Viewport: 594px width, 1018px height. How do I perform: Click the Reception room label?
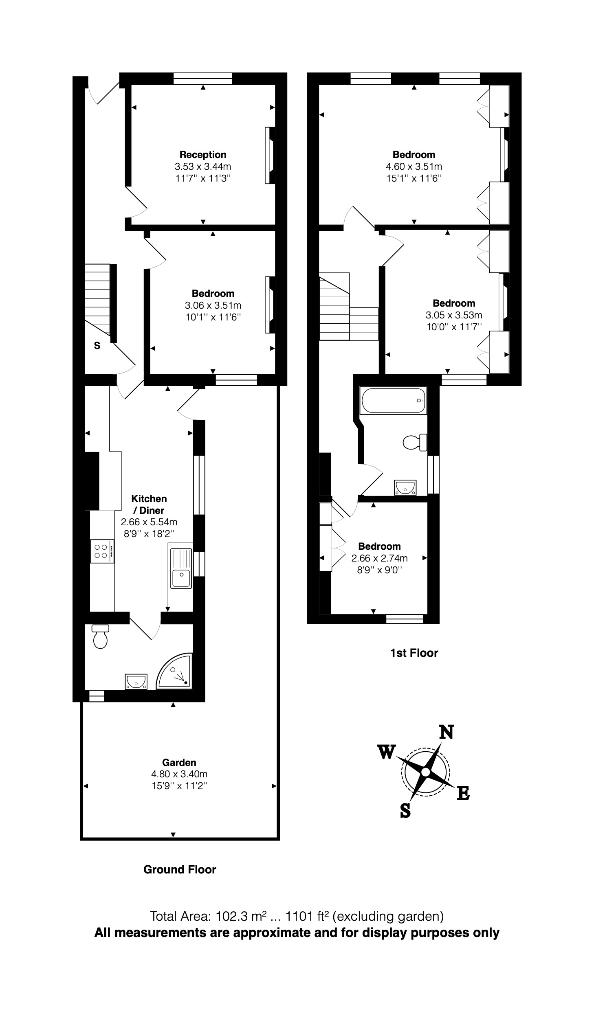point(203,155)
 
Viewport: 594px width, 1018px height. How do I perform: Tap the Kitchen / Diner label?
point(149,504)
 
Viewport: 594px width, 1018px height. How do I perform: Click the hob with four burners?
point(101,551)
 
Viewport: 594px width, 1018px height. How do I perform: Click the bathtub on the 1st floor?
point(393,401)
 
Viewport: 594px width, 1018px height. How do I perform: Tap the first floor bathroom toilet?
point(414,442)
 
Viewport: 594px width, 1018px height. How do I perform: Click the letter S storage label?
point(97,346)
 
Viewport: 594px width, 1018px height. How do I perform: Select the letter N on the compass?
point(446,732)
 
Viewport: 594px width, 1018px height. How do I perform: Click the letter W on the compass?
point(386,752)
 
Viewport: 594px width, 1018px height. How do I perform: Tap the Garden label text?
point(179,762)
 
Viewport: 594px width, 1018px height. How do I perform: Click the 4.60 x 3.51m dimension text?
point(414,167)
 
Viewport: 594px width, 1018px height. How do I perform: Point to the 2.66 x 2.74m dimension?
point(379,558)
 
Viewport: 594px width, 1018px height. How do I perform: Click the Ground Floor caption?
point(180,869)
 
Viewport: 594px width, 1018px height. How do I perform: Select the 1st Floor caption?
point(414,653)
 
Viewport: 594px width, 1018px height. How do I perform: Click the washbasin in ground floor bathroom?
point(136,681)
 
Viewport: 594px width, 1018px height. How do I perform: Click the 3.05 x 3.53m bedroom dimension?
point(454,315)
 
